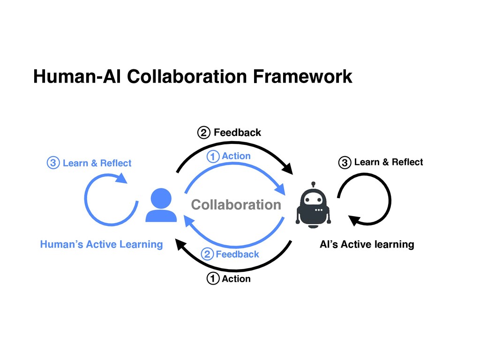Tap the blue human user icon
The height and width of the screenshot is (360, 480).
[161, 205]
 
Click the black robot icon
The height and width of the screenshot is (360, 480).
[313, 206]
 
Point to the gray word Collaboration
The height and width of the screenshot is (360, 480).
[236, 205]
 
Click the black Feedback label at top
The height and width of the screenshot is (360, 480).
[237, 133]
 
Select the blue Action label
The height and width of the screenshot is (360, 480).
[236, 156]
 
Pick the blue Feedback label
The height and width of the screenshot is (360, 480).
[237, 254]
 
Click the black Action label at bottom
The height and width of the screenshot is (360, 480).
[236, 279]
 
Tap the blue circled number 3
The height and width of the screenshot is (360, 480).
[52, 164]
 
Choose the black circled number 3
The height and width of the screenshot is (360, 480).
[345, 163]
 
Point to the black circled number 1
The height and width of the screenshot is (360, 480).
[213, 279]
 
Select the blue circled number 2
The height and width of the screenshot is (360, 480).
[207, 255]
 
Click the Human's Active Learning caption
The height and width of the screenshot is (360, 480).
[101, 244]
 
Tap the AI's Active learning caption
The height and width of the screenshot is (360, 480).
[367, 244]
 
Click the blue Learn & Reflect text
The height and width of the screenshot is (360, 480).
[97, 163]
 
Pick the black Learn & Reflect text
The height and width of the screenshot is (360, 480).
[389, 162]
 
